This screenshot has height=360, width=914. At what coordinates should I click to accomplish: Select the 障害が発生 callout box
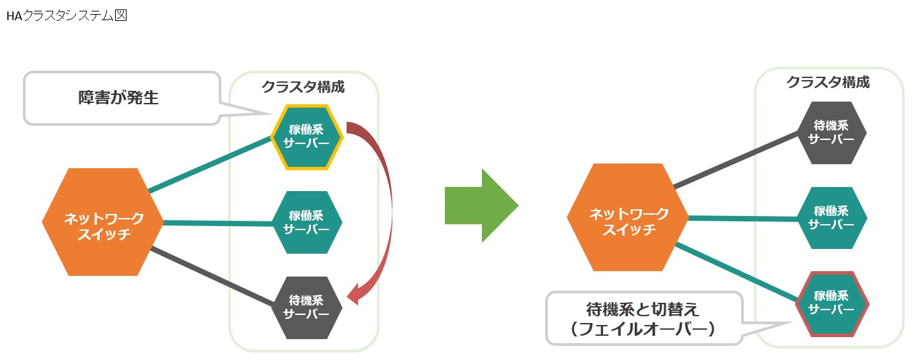[x=122, y=98]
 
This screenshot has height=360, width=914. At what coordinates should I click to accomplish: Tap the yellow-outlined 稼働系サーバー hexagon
[x=307, y=137]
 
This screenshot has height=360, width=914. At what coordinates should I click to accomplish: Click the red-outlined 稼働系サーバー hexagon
[x=832, y=303]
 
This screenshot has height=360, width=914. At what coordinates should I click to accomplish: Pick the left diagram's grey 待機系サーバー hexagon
[x=307, y=308]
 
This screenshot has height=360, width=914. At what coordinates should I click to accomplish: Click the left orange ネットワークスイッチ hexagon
[x=103, y=222]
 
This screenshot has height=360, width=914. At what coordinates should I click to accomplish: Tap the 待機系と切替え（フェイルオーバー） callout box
[x=643, y=318]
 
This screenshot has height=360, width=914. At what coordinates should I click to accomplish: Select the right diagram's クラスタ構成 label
[x=828, y=82]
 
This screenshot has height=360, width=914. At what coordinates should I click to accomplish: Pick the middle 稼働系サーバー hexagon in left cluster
[x=307, y=222]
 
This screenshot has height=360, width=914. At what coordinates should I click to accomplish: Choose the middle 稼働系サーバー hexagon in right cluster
[x=832, y=218]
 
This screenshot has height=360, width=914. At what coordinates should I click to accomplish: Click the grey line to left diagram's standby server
[x=215, y=277]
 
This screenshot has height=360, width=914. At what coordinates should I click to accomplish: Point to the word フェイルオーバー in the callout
[x=643, y=330]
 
